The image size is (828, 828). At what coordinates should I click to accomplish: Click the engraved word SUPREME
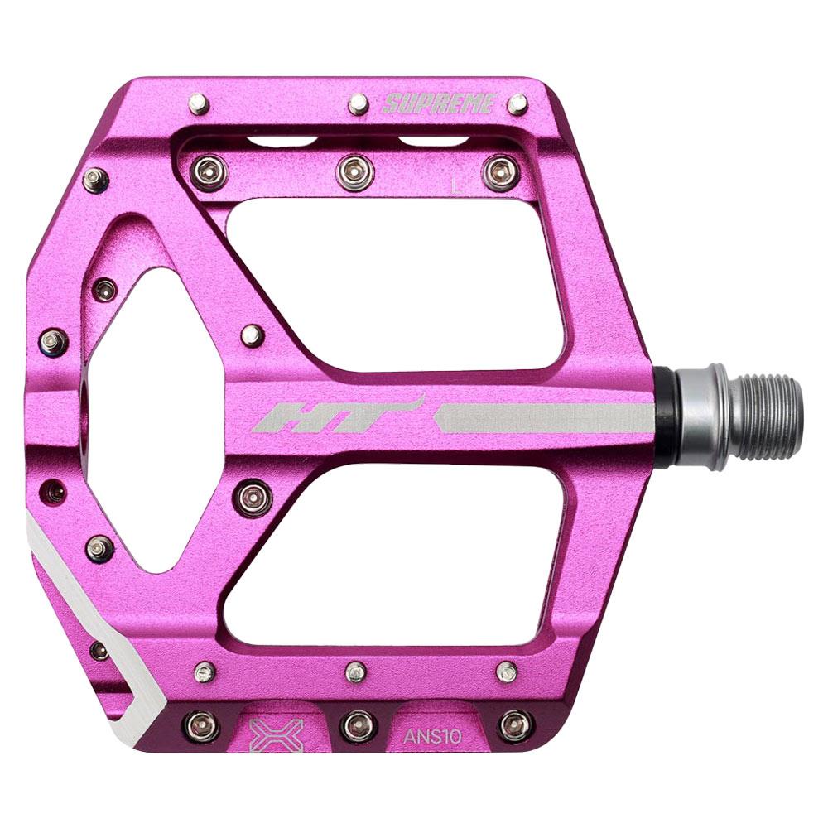point(438,104)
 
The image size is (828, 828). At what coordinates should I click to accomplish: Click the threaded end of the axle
point(768,416)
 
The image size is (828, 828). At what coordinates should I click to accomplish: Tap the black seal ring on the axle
point(664,416)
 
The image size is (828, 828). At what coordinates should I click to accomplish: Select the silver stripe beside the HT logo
point(542,418)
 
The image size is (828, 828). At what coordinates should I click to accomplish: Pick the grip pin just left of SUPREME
point(358,103)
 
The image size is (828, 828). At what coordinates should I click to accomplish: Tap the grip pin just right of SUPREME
point(517,104)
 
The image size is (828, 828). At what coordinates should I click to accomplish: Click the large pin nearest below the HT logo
point(253,497)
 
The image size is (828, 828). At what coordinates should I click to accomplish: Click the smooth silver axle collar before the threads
point(700,416)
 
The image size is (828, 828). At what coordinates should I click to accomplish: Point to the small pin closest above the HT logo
point(253,335)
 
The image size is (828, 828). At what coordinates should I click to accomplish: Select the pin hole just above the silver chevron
point(55,491)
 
